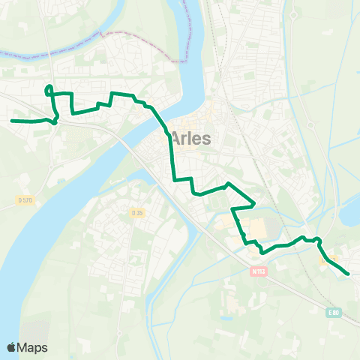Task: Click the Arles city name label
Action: coord(192,138)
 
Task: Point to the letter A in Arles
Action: coord(177,138)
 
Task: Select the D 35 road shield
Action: coord(137,213)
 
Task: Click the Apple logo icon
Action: coord(12,347)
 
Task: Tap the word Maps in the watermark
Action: coord(33,347)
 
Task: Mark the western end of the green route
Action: coord(12,120)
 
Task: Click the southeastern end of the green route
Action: coord(349,274)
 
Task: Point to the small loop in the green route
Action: coord(49,91)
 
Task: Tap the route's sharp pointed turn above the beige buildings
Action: coord(254,202)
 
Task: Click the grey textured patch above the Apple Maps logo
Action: coord(33,330)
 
